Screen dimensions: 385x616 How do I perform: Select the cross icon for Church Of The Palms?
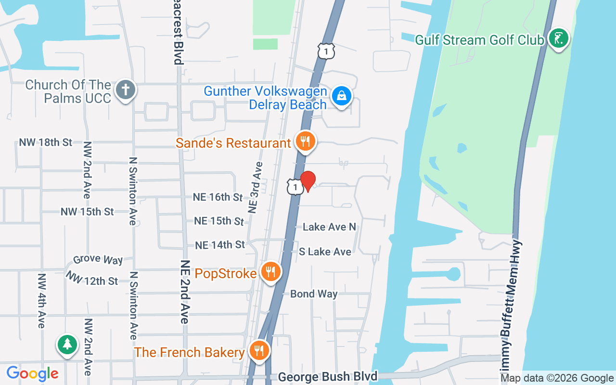126,90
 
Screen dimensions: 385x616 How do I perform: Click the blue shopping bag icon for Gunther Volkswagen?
341,95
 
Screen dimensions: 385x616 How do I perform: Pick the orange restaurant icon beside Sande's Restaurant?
305,141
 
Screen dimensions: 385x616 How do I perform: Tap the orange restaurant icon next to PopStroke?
271,272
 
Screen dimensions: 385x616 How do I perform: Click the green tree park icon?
67,345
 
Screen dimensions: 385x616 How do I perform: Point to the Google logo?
32,373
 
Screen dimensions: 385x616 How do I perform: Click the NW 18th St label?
45,142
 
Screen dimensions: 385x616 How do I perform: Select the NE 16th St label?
218,197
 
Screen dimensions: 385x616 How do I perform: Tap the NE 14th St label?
220,245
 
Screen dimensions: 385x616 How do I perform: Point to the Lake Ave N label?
329,227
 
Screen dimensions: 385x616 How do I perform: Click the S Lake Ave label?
325,251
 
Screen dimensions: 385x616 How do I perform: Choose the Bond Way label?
314,294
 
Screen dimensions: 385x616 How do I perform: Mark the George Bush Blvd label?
327,376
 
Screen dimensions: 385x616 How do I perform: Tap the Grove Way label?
98,260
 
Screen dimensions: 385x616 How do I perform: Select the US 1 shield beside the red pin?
295,187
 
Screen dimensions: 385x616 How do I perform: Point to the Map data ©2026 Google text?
557,378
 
